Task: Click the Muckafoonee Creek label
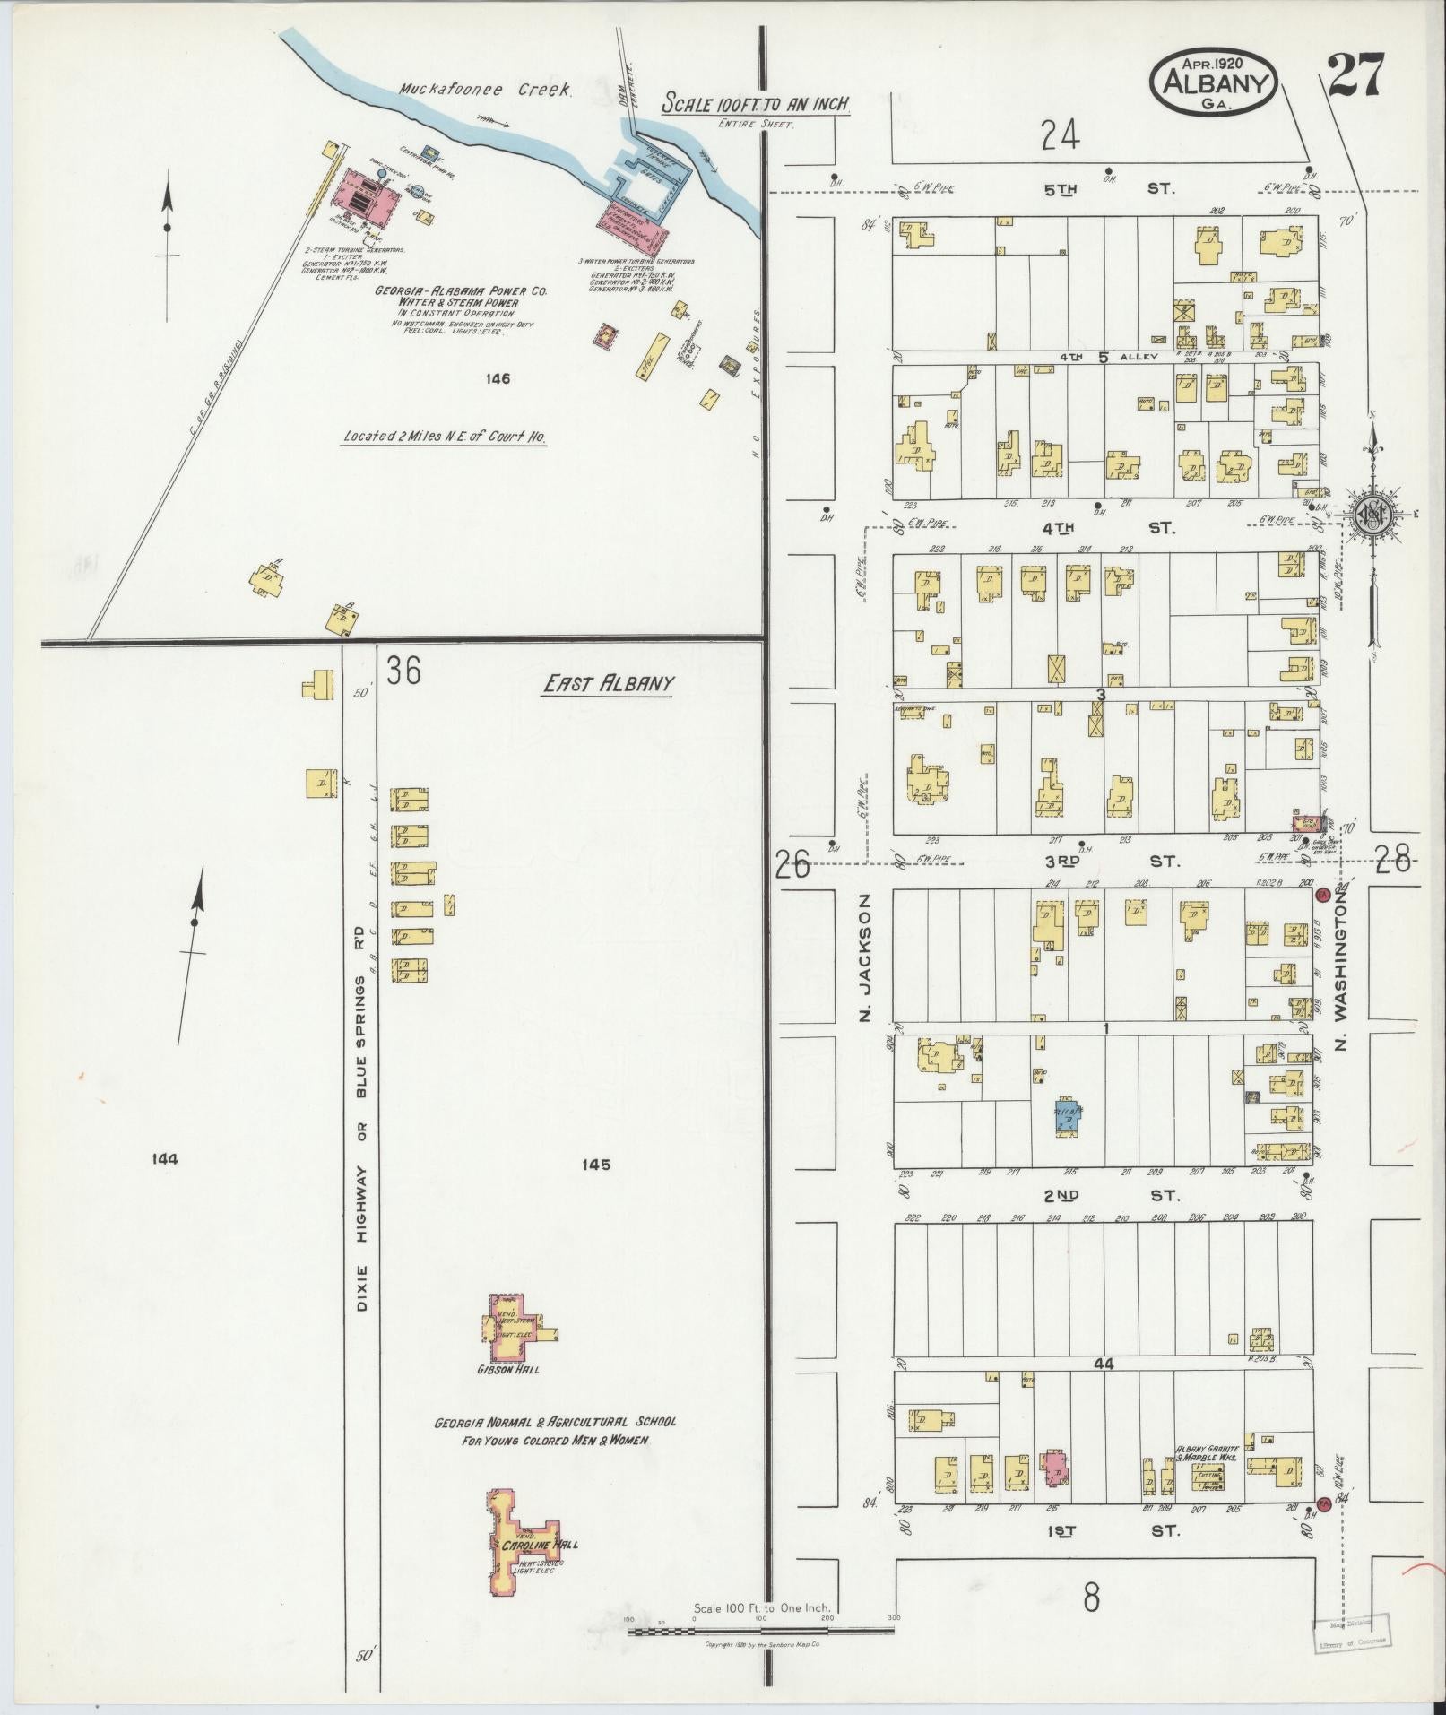(x=484, y=91)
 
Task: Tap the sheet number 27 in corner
(x=1356, y=77)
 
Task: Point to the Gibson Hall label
(x=508, y=1395)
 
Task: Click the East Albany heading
(x=608, y=684)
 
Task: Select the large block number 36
(x=403, y=671)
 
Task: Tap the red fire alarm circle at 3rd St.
(x=1321, y=895)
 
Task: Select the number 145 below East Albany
(x=595, y=1165)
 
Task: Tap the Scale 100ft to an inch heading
(x=755, y=106)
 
